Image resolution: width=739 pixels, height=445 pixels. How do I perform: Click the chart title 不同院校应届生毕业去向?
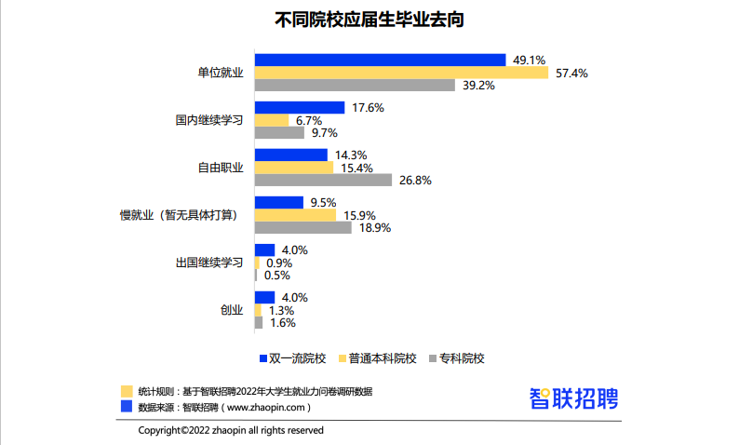(x=369, y=19)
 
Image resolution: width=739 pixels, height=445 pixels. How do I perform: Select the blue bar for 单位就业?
(x=380, y=60)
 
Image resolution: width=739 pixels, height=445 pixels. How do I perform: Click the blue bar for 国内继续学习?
(x=300, y=108)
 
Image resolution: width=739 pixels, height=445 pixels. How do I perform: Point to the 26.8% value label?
(x=414, y=181)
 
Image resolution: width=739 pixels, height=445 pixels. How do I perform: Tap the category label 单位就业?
(x=220, y=73)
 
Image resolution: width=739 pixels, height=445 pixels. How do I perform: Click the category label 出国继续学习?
(x=209, y=263)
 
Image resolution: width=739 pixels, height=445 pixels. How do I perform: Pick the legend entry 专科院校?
(x=462, y=357)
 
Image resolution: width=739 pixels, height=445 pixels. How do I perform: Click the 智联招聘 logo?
(x=573, y=398)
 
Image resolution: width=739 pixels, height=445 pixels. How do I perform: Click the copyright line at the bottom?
(x=231, y=430)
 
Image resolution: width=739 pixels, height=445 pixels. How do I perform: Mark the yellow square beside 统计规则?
(x=127, y=391)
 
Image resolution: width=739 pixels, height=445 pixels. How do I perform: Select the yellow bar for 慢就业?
(x=295, y=215)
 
